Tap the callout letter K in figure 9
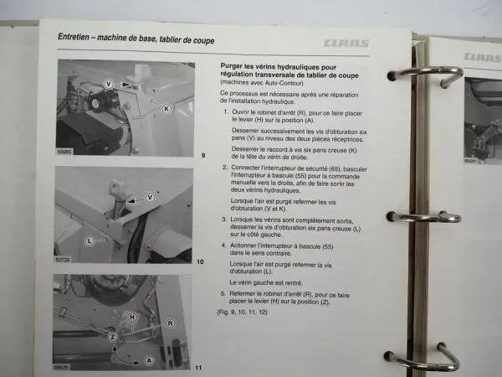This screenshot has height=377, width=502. (166, 108)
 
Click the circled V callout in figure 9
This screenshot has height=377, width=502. (110, 83)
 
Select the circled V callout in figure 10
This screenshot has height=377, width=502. (150, 197)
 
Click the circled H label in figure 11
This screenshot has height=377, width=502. (132, 318)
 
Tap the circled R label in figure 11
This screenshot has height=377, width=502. (170, 323)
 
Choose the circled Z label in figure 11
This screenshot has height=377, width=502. (111, 335)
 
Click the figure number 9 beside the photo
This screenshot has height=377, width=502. (202, 156)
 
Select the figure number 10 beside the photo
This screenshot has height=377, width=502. (200, 262)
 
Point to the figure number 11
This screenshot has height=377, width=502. (199, 368)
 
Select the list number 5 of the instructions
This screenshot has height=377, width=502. (223, 294)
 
